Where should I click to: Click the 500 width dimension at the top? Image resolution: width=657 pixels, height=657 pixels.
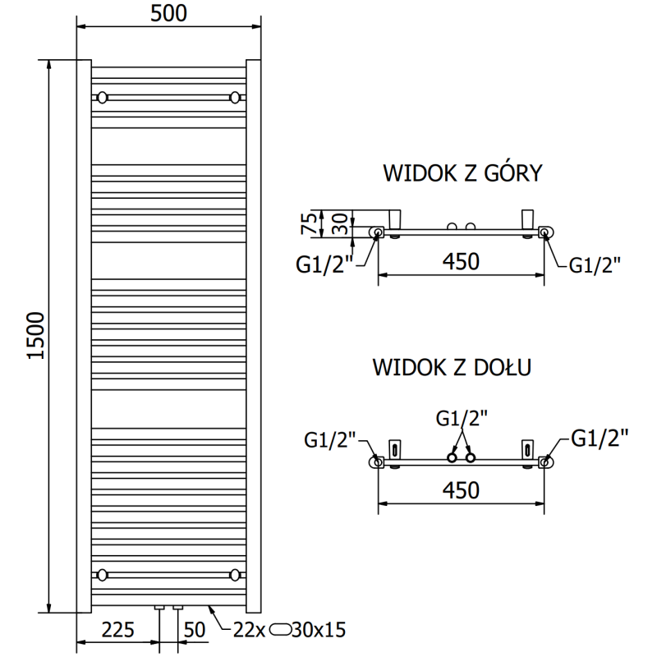click(168, 13)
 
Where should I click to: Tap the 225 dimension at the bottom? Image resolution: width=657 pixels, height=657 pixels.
click(119, 631)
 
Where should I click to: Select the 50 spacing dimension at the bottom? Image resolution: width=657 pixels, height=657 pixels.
click(194, 631)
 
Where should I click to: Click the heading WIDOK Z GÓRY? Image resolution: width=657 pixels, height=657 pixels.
click(462, 173)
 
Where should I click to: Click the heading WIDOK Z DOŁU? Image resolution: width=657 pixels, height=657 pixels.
click(451, 366)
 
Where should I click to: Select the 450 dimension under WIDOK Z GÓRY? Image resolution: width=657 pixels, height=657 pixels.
click(461, 262)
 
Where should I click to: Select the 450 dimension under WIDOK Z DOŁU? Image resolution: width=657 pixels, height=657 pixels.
click(461, 490)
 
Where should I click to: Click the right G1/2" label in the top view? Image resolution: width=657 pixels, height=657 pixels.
click(595, 264)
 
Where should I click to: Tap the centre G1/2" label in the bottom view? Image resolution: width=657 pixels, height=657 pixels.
click(461, 418)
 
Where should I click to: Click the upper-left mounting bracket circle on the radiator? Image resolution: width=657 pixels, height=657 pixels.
click(102, 98)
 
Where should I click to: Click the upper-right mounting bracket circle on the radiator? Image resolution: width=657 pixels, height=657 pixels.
click(236, 98)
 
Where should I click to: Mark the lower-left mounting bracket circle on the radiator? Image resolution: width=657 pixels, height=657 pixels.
click(102, 573)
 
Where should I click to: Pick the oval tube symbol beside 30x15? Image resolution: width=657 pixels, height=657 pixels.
click(282, 631)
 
